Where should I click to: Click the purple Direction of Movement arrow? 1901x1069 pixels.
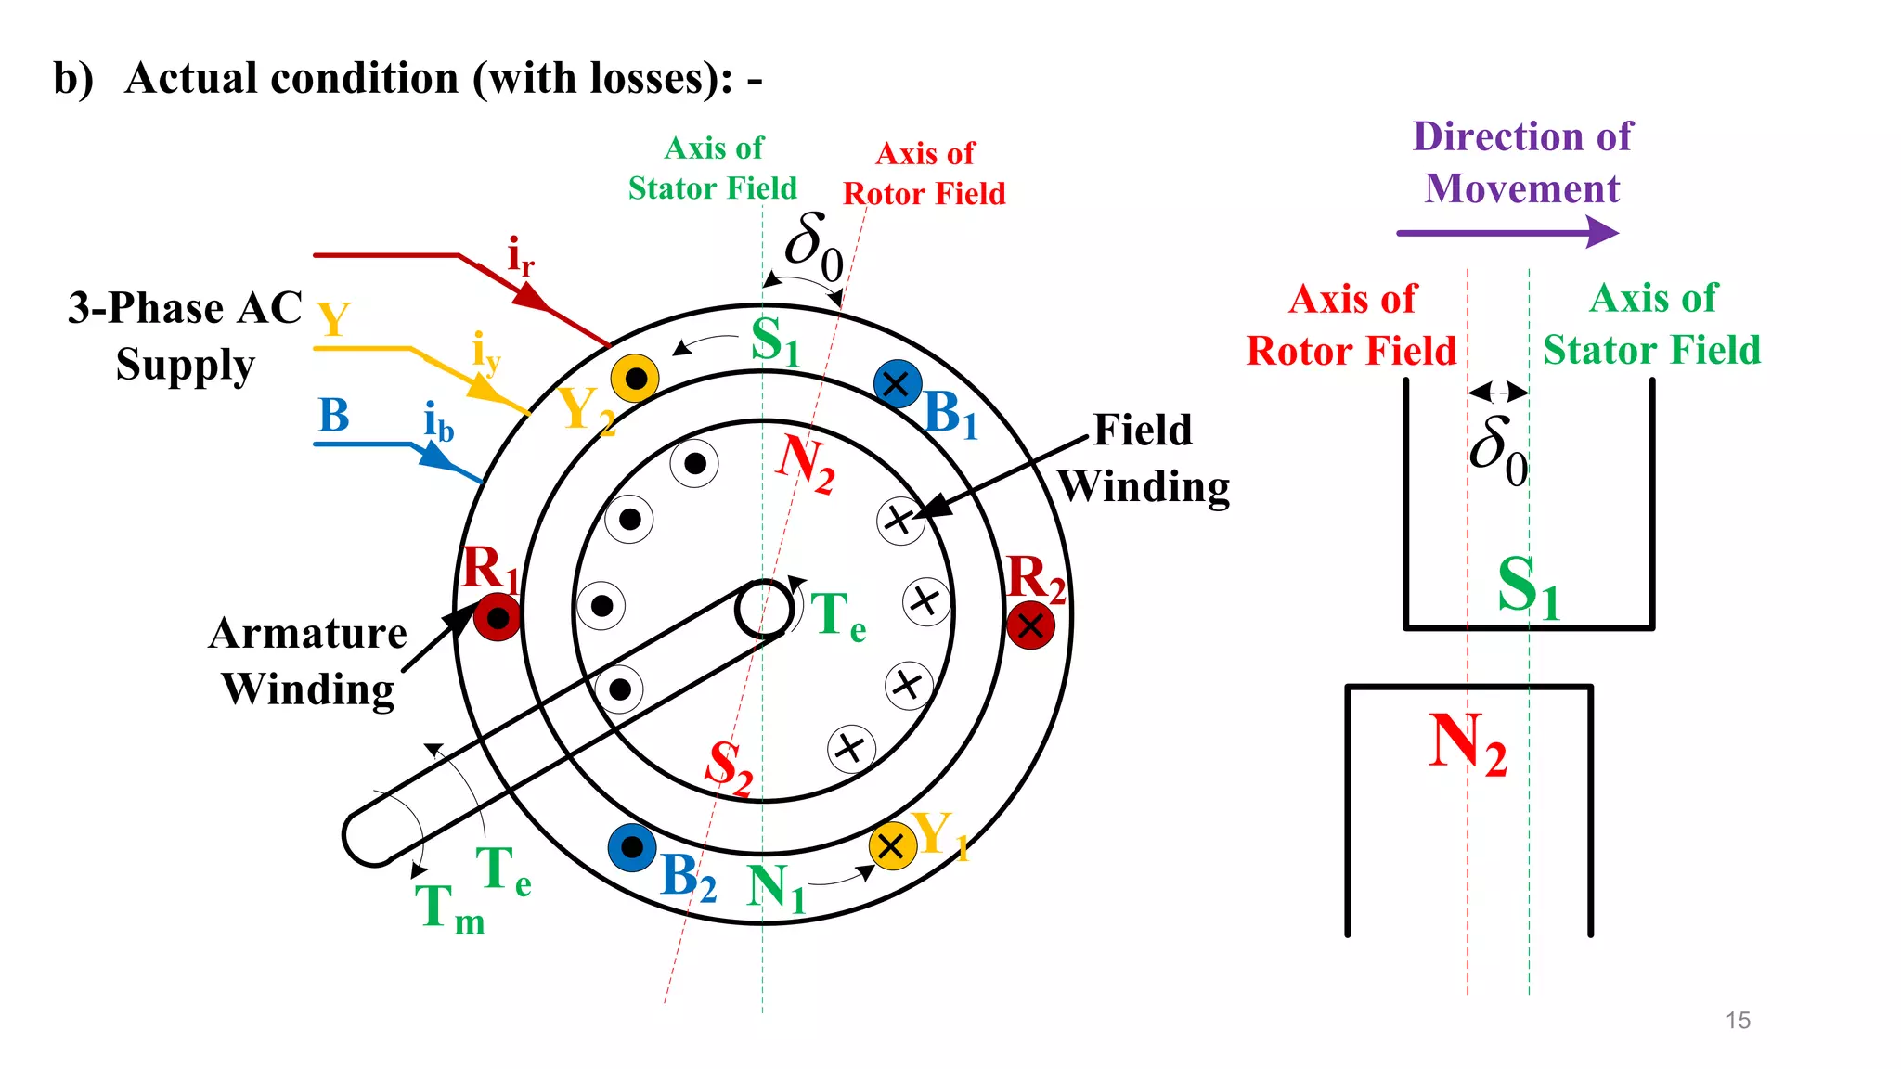(x=1507, y=232)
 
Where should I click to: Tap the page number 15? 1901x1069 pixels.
(x=1738, y=1020)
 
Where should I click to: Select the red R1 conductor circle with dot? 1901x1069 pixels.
(x=498, y=618)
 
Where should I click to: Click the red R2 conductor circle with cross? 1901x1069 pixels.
(x=1030, y=625)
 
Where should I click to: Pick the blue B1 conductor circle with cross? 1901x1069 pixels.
(x=898, y=383)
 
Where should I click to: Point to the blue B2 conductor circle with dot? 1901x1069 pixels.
(x=632, y=847)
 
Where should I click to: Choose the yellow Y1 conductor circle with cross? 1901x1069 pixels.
(x=892, y=845)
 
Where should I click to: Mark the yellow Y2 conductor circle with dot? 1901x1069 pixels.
(x=636, y=379)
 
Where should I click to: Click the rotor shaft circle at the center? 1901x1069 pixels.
(x=763, y=610)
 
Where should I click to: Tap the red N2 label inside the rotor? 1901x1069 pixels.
(x=804, y=462)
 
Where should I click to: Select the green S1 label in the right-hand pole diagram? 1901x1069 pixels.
(x=1528, y=587)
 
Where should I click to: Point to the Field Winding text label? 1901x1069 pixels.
(x=1144, y=458)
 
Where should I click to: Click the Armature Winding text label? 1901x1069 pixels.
(x=308, y=662)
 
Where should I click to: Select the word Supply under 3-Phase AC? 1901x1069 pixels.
(x=185, y=365)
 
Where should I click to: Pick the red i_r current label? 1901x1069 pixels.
(x=520, y=257)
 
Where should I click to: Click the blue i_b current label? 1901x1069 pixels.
(x=438, y=422)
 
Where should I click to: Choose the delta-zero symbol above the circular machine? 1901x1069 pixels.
(x=814, y=246)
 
